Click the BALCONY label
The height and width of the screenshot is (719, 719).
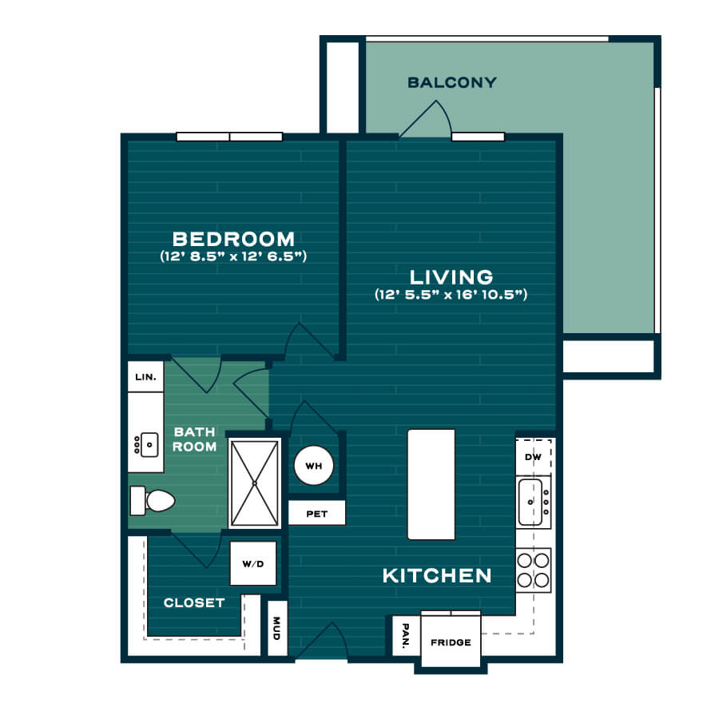[452, 82]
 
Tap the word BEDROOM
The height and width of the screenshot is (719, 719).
[233, 239]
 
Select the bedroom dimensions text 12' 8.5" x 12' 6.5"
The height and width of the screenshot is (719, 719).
[233, 256]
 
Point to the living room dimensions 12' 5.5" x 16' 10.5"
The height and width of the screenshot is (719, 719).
[451, 294]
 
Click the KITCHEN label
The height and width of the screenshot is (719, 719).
[437, 575]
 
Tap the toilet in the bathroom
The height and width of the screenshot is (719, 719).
[153, 500]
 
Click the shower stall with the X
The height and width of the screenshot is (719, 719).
[255, 483]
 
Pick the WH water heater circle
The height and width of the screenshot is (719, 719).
[314, 466]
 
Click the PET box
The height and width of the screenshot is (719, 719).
[317, 513]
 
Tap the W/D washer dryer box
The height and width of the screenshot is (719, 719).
[253, 563]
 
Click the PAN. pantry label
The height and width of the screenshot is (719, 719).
[406, 636]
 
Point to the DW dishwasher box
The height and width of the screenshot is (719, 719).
[534, 457]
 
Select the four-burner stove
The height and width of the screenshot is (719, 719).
[534, 570]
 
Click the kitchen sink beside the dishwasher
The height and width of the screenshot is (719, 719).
[534, 503]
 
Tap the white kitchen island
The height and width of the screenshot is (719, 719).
[431, 484]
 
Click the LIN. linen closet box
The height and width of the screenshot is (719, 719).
[145, 376]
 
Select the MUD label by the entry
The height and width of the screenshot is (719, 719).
[276, 628]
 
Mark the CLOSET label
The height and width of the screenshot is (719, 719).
[194, 602]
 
